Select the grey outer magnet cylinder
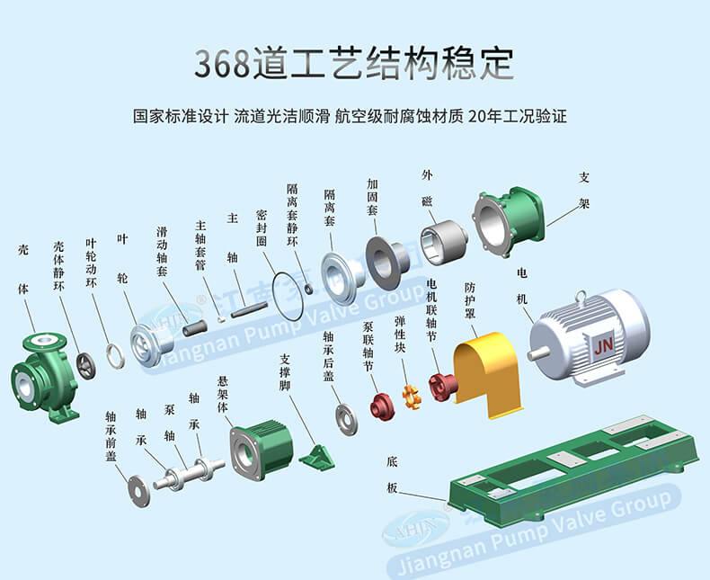pyautogui.click(x=443, y=240)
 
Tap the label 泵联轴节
pyautogui.click(x=368, y=346)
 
